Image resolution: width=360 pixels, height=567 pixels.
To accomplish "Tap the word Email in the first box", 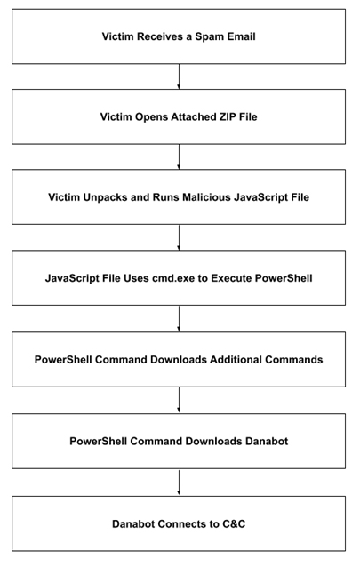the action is click(242, 36).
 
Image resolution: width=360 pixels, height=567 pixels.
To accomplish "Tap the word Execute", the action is click(232, 278).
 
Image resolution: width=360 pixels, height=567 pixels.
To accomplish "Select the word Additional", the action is click(236, 360).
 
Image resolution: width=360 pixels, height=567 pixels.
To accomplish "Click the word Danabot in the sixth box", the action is click(267, 442).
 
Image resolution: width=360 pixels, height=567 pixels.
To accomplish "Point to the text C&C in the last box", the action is click(232, 524).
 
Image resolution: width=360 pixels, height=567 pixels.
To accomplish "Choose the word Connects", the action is click(182, 524).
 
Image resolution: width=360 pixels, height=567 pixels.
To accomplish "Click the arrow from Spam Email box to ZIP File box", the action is click(179, 76).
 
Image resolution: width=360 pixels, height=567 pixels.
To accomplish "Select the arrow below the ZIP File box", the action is click(179, 157).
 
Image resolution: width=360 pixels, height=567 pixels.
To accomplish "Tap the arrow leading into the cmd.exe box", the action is click(179, 237).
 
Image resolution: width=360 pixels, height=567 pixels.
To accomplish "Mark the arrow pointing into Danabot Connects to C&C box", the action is click(179, 483).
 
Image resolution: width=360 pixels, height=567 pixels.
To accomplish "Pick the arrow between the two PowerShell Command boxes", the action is click(179, 400).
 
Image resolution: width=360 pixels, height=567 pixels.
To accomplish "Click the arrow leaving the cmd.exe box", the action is click(179, 318).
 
